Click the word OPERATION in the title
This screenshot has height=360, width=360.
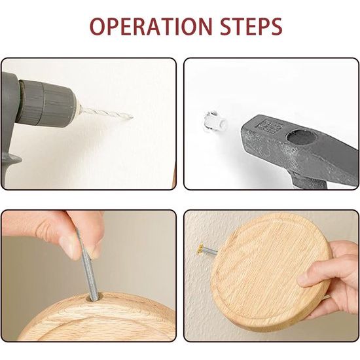point(151,26)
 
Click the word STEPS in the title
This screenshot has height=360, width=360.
point(251,26)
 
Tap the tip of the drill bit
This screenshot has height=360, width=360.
point(132,117)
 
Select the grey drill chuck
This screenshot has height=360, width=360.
point(47,103)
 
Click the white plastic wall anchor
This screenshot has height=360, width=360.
point(215,122)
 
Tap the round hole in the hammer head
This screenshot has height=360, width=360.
point(301,137)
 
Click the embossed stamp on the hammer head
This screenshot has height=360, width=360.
point(270,127)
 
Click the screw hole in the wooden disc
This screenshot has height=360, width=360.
point(93,298)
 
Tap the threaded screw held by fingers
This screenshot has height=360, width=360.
point(87,264)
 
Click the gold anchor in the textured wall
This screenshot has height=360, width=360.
point(200,249)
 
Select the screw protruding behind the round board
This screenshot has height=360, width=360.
point(209,251)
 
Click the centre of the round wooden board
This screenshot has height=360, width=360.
point(271,272)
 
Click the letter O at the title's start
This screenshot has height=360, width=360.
point(98,27)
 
